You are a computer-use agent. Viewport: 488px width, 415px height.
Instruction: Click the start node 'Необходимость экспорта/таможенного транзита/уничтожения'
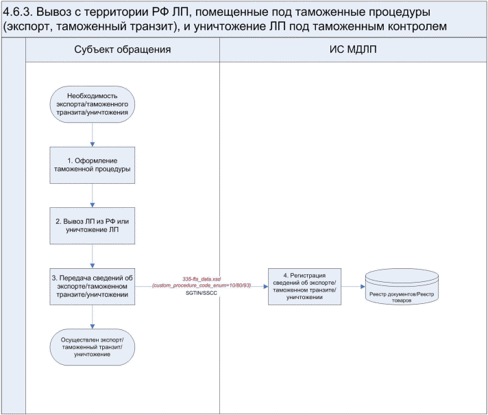[x=93, y=104]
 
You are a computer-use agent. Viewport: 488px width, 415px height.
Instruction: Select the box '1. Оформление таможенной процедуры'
[x=93, y=165]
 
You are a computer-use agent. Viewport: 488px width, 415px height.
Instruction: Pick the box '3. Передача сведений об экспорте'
[x=93, y=285]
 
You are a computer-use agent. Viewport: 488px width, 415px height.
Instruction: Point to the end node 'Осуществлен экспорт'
[x=93, y=344]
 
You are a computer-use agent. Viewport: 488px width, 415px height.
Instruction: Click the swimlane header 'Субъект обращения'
[x=122, y=50]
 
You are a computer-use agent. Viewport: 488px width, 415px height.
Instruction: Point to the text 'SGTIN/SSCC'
[x=202, y=293]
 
